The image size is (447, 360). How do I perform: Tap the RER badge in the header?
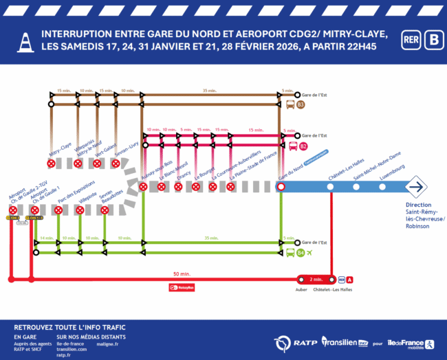[411, 39]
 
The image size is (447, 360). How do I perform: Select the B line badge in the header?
[433, 39]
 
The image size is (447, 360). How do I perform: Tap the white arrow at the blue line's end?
[415, 186]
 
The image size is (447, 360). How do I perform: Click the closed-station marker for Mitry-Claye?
[51, 164]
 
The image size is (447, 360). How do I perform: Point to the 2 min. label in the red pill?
[316, 280]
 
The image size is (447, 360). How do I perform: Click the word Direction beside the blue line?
[419, 205]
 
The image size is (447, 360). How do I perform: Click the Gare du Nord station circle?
[281, 186]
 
